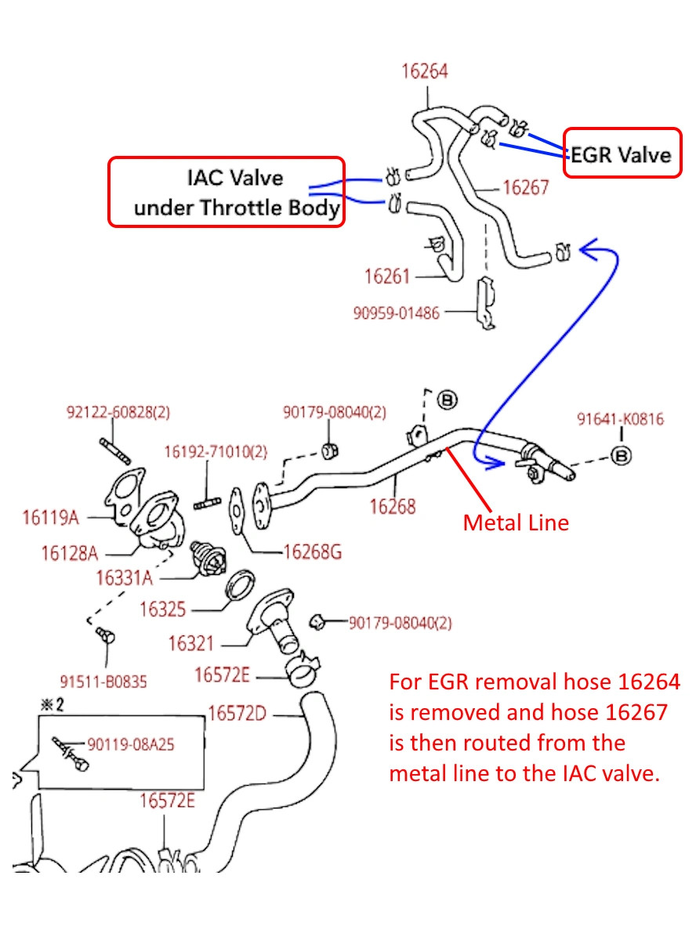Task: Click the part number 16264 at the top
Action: (424, 71)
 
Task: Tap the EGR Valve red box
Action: (621, 154)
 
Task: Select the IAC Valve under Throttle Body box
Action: (225, 193)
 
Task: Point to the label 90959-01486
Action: (396, 313)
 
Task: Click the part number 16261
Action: (387, 277)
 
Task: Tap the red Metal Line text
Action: (515, 523)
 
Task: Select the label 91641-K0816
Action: (620, 419)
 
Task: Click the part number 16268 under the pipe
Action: (393, 506)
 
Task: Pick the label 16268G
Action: (312, 552)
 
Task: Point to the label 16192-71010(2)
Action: (215, 452)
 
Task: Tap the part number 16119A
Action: (50, 517)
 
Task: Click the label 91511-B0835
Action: (103, 682)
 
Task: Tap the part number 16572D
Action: (237, 714)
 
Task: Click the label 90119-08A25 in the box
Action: (131, 744)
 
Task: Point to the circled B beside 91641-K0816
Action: (621, 454)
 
